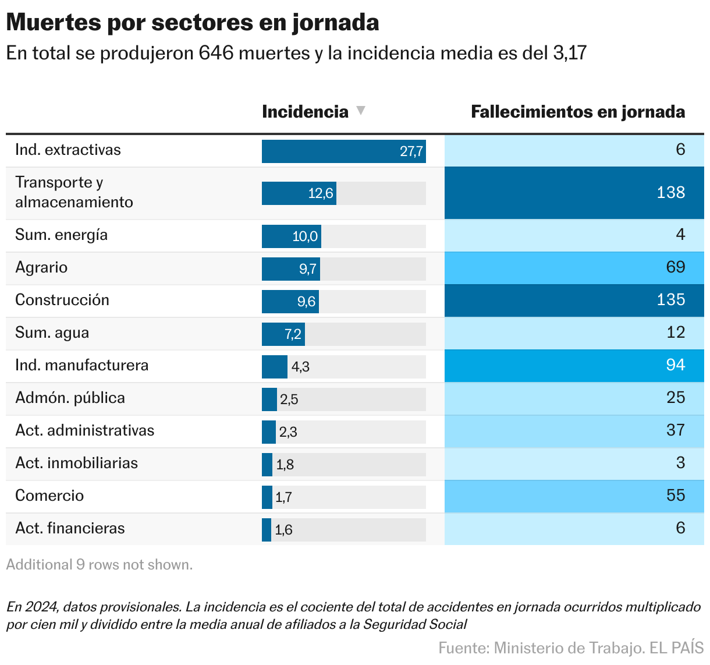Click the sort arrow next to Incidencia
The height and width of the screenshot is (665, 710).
361,110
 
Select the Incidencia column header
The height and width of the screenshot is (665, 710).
305,112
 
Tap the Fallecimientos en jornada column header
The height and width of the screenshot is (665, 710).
577,112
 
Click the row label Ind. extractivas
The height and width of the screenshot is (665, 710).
68,150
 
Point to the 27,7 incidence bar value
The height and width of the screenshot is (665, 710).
411,151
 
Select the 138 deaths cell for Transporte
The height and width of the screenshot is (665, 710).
670,193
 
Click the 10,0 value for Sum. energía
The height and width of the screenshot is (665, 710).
305,236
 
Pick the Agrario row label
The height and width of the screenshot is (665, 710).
41,268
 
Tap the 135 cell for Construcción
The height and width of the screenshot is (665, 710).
670,300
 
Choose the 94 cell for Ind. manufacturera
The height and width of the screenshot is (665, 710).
675,365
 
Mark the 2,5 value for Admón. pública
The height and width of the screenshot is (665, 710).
289,399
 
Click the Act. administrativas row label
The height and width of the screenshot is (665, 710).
85,431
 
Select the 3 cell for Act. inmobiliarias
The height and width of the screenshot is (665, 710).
680,463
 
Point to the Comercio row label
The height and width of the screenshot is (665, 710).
49,496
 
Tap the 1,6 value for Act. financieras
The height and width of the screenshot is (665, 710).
283,530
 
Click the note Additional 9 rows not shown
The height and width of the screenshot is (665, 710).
100,565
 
